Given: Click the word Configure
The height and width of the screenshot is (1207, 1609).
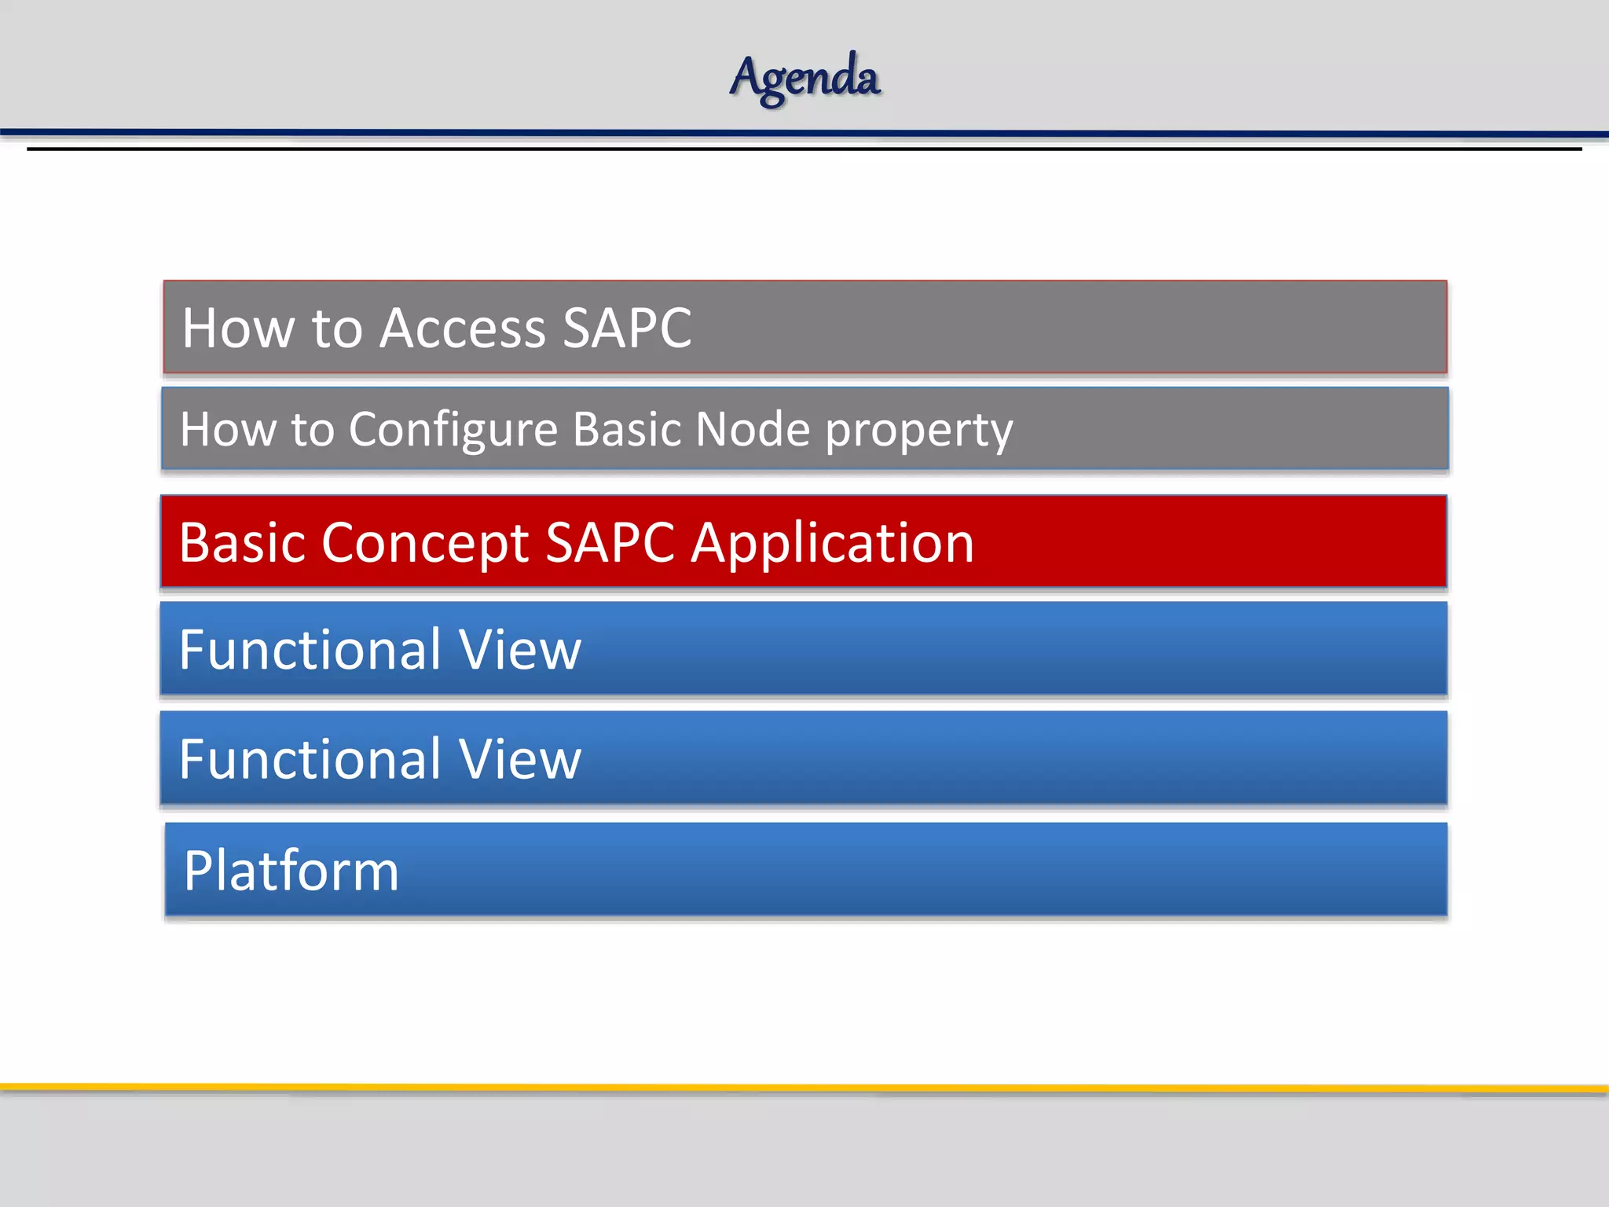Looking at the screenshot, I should pyautogui.click(x=453, y=430).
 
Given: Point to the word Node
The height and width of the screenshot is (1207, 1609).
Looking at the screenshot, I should pyautogui.click(x=752, y=430).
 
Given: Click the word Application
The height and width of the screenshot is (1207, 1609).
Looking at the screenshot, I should pyautogui.click(x=832, y=545).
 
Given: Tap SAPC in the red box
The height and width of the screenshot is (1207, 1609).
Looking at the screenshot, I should pyautogui.click(x=610, y=543).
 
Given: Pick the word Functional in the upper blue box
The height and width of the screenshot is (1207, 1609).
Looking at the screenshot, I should pyautogui.click(x=310, y=650).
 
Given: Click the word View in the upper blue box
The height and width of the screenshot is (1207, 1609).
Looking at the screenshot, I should pyautogui.click(x=519, y=650).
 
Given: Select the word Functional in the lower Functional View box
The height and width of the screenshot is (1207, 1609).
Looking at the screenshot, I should pyautogui.click(x=310, y=759).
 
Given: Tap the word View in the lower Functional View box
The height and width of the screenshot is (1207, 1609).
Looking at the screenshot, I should pyautogui.click(x=519, y=759).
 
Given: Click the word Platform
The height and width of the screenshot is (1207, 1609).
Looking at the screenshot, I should pyautogui.click(x=291, y=871).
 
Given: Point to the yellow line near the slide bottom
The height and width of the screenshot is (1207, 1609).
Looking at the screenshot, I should pyautogui.click(x=804, y=1088).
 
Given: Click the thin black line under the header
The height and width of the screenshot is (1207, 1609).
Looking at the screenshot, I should pyautogui.click(x=804, y=149).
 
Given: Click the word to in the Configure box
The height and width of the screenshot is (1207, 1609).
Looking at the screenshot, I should pyautogui.click(x=312, y=431).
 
